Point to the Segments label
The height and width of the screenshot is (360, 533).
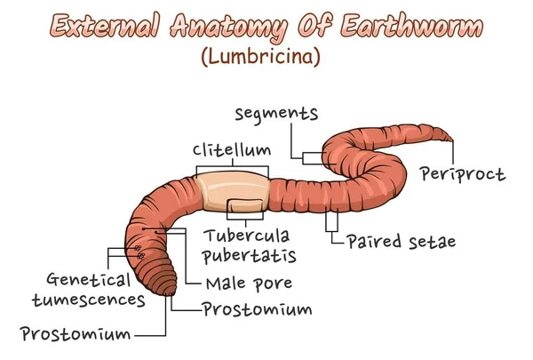[276, 113]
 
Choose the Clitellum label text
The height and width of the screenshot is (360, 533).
[232, 149]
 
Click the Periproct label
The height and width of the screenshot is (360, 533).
[463, 173]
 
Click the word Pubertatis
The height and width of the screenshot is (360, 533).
[250, 256]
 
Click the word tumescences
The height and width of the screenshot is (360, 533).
[88, 299]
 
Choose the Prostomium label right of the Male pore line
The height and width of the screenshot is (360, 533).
[257, 309]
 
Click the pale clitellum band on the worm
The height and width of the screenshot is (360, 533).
[233, 190]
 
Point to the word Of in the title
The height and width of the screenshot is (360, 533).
[317, 27]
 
